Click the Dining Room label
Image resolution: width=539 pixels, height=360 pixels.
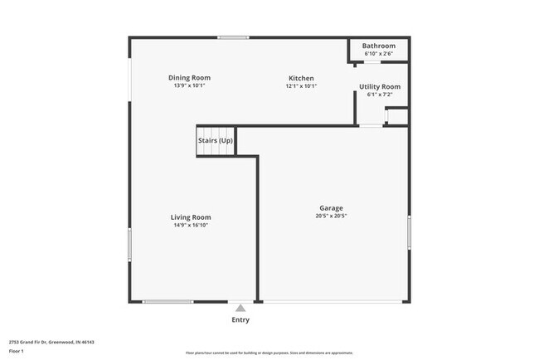tap(189, 78)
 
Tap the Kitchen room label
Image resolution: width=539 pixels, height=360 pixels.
tap(299, 78)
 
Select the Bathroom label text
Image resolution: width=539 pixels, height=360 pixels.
tap(379, 46)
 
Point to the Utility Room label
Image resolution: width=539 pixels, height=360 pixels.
tap(379, 86)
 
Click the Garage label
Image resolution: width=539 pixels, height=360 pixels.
tap(332, 208)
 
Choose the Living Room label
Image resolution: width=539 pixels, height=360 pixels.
tap(191, 217)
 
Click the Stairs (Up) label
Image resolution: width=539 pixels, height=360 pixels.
tap(215, 140)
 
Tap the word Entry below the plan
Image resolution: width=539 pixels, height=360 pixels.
tap(240, 319)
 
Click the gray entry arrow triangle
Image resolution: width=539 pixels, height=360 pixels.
tap(240, 308)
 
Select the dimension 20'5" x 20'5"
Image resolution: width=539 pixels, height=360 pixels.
tap(332, 216)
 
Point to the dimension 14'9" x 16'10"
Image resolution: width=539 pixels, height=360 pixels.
tap(191, 225)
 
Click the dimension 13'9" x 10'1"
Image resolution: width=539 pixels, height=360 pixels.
tap(189, 85)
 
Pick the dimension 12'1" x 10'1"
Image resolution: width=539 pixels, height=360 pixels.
tap(299, 85)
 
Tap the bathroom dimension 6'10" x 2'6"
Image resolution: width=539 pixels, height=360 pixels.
tap(379, 54)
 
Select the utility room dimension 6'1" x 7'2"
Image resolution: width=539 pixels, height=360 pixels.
tap(379, 94)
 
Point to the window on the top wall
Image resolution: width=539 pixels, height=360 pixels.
tap(233, 37)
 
